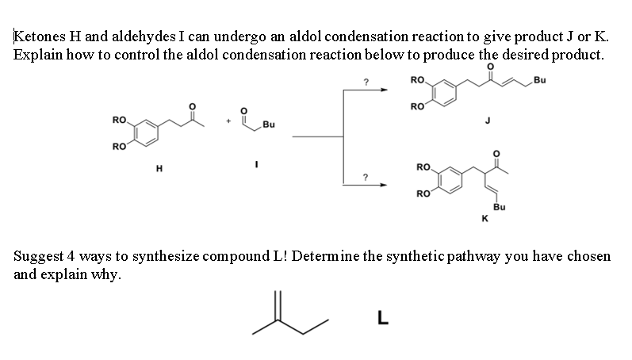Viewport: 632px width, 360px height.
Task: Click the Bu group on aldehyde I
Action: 268,124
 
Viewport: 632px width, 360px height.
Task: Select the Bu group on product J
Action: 540,80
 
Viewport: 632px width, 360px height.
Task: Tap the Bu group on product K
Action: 499,206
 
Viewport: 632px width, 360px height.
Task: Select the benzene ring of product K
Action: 449,180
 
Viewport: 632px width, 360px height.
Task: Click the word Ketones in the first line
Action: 38,36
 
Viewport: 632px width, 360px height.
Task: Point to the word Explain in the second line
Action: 36,55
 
